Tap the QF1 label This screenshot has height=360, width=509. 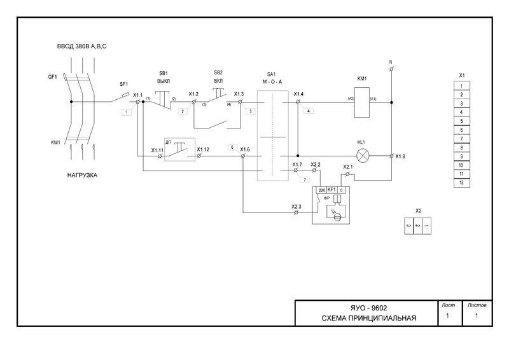[x=53, y=77]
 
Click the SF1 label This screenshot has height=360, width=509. [x=124, y=85]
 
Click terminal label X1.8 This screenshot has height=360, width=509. [x=400, y=156]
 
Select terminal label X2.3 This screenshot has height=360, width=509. [x=296, y=207]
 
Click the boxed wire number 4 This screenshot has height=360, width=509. [x=309, y=111]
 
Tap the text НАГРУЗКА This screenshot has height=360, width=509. [x=82, y=175]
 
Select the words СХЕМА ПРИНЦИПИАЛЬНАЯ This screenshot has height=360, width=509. [x=369, y=318]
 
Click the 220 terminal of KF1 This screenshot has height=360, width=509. [x=321, y=190]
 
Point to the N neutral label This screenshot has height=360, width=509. [x=391, y=62]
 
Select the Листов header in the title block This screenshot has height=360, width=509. [x=477, y=305]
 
